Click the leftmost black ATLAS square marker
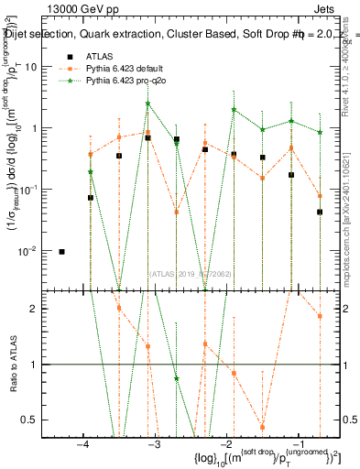tap(61, 251)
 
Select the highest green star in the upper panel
tap(147, 104)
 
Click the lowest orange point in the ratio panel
tap(262, 427)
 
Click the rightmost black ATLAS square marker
tap(320, 212)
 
